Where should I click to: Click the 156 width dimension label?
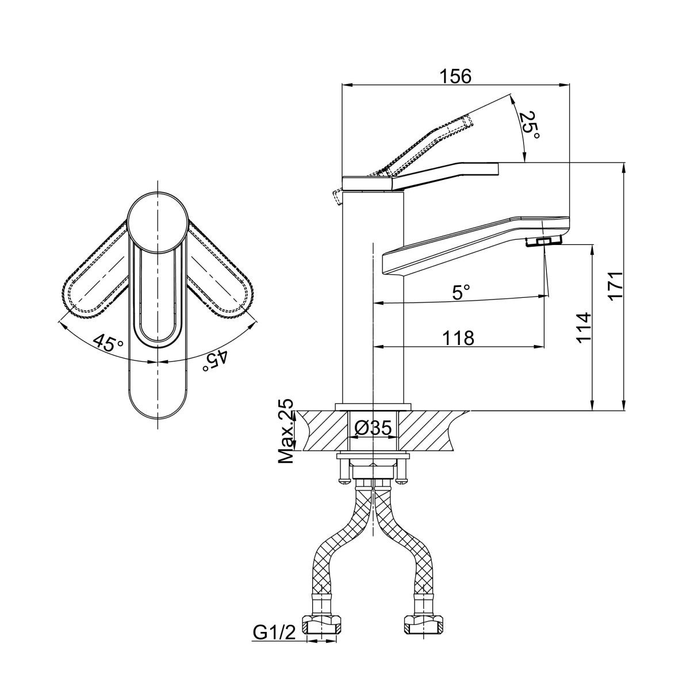click(x=456, y=76)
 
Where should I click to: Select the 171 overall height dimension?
click(x=615, y=287)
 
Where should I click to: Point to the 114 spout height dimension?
click(x=583, y=327)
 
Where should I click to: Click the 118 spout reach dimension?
click(x=458, y=338)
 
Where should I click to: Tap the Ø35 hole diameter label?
click(x=373, y=428)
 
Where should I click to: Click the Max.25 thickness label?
click(x=286, y=431)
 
